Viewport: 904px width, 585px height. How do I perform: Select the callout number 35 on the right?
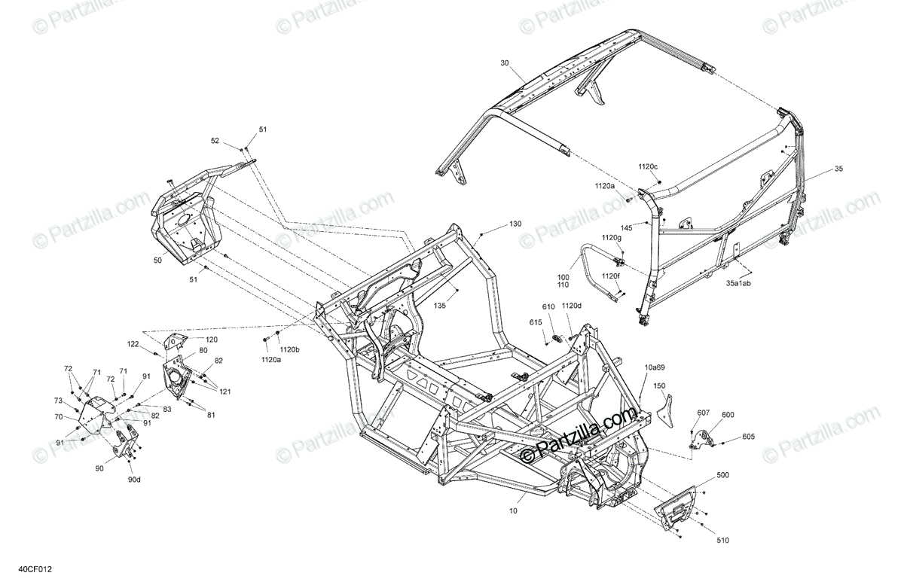point(838,169)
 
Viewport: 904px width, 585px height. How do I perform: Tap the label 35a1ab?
point(738,284)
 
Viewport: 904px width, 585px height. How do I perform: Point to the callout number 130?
point(515,224)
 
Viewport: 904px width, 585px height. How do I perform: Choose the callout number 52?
point(215,141)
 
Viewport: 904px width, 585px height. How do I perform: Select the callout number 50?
point(157,261)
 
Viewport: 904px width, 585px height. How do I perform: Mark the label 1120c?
point(648,166)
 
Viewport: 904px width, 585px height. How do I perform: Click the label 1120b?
point(289,350)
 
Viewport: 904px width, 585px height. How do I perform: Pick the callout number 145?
point(626,227)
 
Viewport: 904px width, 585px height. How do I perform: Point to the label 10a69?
point(654,367)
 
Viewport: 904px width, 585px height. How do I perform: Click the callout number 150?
point(660,386)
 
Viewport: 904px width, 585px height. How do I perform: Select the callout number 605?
point(748,437)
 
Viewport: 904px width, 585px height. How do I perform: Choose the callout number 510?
point(723,540)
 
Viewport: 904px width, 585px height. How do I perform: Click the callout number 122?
point(133,344)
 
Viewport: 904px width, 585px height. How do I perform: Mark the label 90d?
point(134,480)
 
